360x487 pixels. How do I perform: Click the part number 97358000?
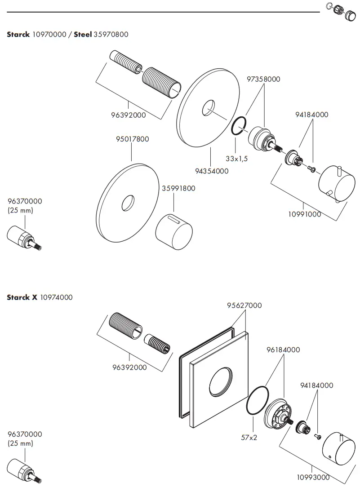tap(263, 79)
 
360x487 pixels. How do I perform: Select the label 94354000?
tap(211, 171)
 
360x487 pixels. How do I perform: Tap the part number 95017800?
tap(132, 139)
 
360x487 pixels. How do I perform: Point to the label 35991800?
tap(178, 188)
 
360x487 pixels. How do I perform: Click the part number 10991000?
tap(305, 214)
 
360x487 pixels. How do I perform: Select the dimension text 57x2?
tap(248, 437)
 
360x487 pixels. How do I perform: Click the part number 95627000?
tap(244, 305)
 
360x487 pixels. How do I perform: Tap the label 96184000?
tap(283, 350)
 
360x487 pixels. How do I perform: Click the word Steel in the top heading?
tap(83, 34)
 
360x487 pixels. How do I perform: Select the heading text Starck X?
tap(22, 297)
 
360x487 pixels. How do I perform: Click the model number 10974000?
tap(56, 297)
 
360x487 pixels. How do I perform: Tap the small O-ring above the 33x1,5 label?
tap(238, 126)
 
